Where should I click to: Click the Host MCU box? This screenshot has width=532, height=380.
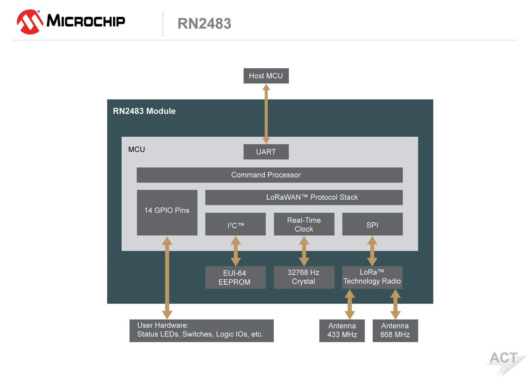(266, 76)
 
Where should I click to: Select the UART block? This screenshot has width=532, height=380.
(266, 152)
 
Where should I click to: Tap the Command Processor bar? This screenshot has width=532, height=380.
(270, 175)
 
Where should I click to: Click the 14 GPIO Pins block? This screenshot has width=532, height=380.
(167, 212)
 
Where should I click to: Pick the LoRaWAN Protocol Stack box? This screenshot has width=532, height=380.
(304, 197)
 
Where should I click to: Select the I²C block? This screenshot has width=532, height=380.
(235, 224)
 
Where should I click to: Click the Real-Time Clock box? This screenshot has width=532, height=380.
(304, 224)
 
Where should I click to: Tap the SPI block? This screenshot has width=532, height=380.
(372, 224)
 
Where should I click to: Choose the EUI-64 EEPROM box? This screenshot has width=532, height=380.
(235, 277)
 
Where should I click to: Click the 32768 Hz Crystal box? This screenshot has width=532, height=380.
(304, 277)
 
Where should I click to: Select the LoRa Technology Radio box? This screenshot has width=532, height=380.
(372, 277)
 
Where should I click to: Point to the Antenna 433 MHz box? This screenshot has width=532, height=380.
(342, 330)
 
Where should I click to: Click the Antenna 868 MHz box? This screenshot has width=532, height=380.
(395, 330)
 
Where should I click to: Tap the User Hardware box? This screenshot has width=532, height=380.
(201, 330)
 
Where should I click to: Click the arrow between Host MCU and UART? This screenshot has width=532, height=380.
(266, 114)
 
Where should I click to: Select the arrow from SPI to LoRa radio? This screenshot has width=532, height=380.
(372, 251)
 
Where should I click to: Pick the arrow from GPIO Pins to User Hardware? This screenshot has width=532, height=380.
(167, 277)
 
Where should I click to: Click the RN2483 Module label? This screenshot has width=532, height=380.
(144, 111)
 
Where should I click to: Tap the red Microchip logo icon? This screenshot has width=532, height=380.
(30, 22)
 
